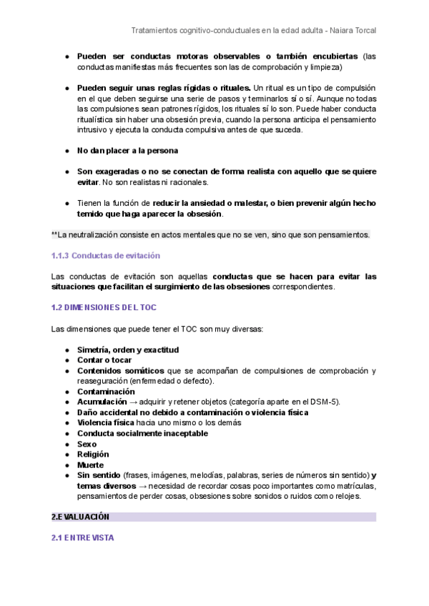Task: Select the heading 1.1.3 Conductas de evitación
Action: click(106, 256)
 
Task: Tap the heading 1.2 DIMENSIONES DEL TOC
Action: click(104, 307)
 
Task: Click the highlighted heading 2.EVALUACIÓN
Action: click(80, 517)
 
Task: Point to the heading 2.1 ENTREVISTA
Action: click(82, 537)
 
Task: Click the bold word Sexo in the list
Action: click(87, 444)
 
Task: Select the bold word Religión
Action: click(93, 454)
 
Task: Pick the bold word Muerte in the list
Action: click(90, 465)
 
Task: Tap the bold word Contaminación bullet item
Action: click(106, 392)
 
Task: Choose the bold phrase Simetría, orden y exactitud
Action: click(127, 350)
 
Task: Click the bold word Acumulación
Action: click(103, 402)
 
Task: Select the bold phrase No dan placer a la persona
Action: click(127, 151)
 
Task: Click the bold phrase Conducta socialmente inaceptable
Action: click(142, 433)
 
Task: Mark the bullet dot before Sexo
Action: click(67, 444)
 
